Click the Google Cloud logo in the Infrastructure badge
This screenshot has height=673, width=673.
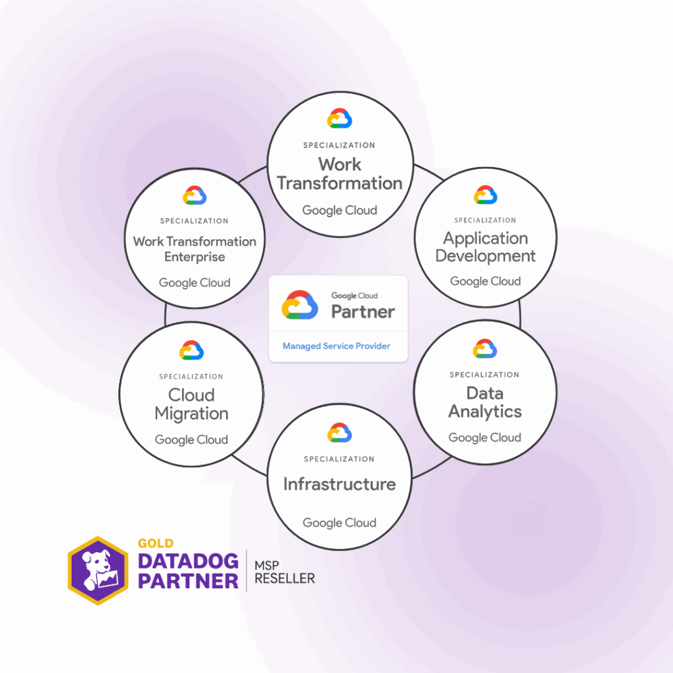pos(340,432)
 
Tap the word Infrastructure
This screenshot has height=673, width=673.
pos(340,484)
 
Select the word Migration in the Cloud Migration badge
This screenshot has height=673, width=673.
pos(191,414)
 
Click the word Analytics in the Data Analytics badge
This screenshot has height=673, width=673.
pos(485,412)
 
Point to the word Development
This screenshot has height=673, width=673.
pos(486,256)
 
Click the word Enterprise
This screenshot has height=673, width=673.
pos(195,257)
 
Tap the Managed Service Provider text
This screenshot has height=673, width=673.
pos(336,346)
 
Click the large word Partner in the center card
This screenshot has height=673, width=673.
pos(363,312)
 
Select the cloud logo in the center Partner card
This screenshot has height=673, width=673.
pos(300,305)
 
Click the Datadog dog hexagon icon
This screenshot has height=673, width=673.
pos(98,570)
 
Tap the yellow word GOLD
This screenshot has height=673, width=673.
pos(156,544)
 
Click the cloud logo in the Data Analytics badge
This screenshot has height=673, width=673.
pos(485,349)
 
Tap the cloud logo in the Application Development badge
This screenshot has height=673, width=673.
pos(486,195)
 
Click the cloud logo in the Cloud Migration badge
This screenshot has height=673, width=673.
pos(191,350)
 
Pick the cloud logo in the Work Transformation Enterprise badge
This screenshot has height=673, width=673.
pos(195,196)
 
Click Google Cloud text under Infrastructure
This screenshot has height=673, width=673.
pos(340,523)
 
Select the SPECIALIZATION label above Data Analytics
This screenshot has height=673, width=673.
pos(484,375)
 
